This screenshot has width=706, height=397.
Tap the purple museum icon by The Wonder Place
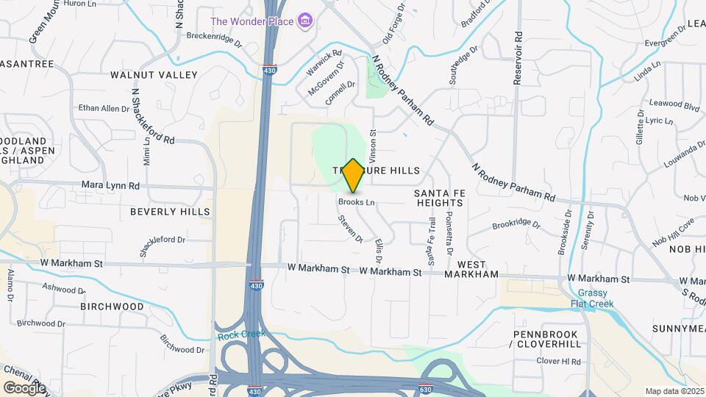tap(305, 21)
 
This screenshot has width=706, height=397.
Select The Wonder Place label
tap(252, 21)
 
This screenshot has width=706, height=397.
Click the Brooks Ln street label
tap(357, 202)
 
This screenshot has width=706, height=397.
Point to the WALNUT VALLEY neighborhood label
tap(154, 75)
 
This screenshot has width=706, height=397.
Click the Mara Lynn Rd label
tap(110, 186)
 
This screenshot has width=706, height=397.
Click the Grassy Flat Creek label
tap(592, 298)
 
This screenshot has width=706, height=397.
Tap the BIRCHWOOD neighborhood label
tap(112, 307)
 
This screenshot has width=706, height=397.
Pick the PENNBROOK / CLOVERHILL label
tap(545, 339)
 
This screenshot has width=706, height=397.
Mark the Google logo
tap(24, 387)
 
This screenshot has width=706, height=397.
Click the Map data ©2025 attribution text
tap(674, 391)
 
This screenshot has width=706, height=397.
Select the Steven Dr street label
tap(351, 229)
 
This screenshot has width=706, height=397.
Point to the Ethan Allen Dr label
tap(104, 109)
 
